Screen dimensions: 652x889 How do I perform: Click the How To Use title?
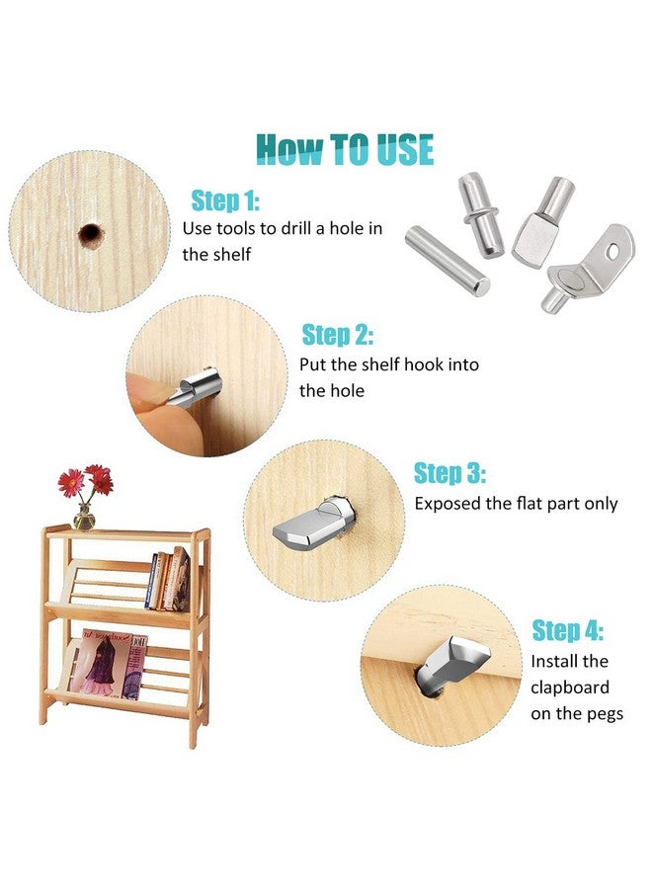[x=345, y=149]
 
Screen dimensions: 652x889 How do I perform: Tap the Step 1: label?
[x=225, y=201]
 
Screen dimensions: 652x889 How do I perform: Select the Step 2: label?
[x=337, y=335]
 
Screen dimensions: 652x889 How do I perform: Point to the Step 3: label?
[x=449, y=473]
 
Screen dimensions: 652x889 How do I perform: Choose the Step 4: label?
[x=567, y=630]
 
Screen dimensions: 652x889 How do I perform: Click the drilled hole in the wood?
[x=91, y=234]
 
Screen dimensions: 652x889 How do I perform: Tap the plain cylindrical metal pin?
[x=447, y=260]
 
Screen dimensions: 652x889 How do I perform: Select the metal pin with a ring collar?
[x=481, y=215]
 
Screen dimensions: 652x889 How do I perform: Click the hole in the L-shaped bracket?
[x=612, y=250]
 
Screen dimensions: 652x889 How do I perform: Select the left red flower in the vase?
[x=71, y=482]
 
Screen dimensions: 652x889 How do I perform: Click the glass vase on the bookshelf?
[x=85, y=517]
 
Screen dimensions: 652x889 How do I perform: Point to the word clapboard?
[x=570, y=687]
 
